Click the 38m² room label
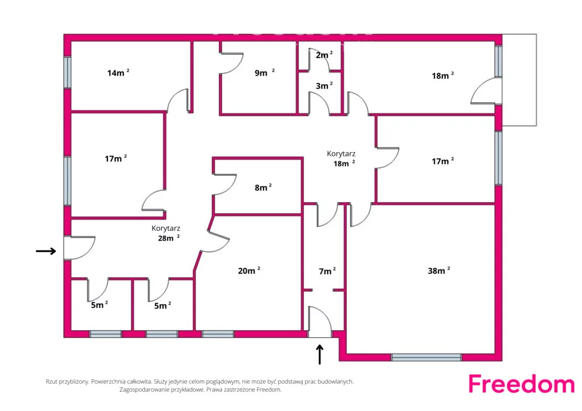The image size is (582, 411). pos(439,270)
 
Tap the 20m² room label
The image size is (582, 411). pos(249,270)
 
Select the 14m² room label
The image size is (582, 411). pos(118,72)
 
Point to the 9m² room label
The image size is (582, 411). pos(265,72)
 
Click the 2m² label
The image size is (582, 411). pos(324,55)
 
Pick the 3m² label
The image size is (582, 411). pos(324,86)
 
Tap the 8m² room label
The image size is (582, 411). pos(263,187)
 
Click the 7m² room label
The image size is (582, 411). pos(327,271)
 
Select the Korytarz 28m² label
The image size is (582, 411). pos(167,233)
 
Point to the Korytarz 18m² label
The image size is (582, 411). pos(341,158)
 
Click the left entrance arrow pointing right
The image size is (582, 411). pos(46,251)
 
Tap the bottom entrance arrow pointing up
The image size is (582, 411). pos(319,354)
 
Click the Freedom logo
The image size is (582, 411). pos(522,384)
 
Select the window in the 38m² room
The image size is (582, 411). pos(426,357)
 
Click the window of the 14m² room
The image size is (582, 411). pos(67,72)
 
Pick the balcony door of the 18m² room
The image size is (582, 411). pos(487,91)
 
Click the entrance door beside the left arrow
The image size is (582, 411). pos(79,248)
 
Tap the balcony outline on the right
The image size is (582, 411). pos(519,80)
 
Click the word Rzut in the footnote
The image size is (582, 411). pos(52,381)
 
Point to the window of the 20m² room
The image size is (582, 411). pos(218,334)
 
